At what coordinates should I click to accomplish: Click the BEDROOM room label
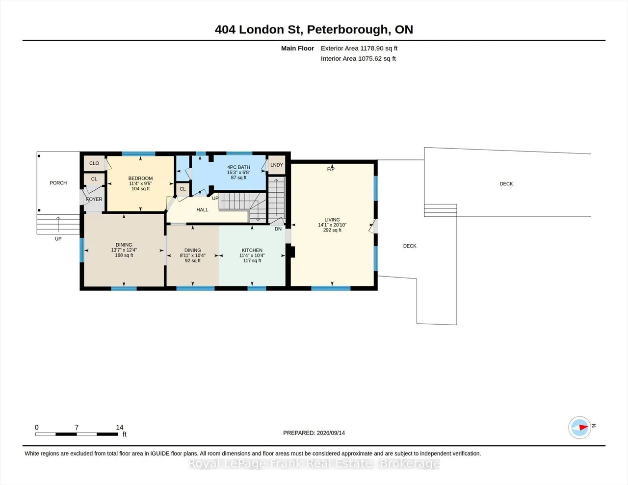[140, 178]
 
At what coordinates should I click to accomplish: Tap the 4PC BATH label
[238, 167]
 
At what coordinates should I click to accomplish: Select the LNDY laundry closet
[277, 165]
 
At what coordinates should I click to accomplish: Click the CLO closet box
[94, 163]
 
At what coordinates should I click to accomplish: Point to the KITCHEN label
[252, 250]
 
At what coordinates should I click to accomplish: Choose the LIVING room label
[332, 220]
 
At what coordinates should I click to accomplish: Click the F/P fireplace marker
[331, 169]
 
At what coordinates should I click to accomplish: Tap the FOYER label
[94, 199]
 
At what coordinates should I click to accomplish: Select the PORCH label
[58, 183]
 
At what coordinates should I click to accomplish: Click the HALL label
[202, 210]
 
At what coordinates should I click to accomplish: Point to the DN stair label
[278, 229]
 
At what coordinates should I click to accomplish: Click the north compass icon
[579, 428]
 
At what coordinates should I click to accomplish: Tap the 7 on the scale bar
[77, 427]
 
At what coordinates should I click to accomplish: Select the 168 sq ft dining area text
[124, 255]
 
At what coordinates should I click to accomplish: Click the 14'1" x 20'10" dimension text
[332, 225]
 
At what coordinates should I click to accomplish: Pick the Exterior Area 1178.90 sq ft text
[359, 48]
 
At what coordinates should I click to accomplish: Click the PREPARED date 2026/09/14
[331, 433]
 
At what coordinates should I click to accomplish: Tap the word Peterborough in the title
[347, 30]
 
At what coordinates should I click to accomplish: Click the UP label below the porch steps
[58, 239]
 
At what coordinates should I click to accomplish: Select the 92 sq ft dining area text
[192, 260]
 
